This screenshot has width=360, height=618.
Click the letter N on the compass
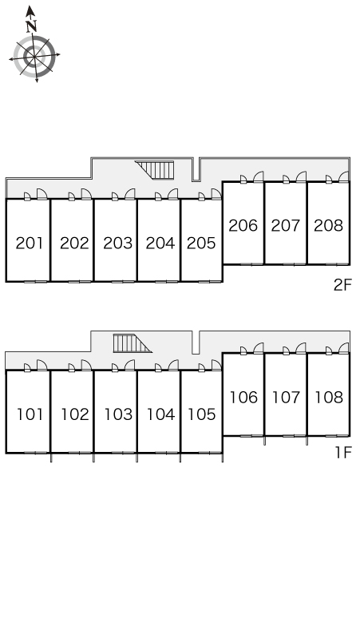pos(31,26)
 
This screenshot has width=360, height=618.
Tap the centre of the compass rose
pos(34,57)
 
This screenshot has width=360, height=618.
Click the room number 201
pos(30,244)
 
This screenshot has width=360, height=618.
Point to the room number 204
pos(160,244)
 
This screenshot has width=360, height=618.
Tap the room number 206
pos(243,225)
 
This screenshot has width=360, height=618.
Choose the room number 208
pos(329,225)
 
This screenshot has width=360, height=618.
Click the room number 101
pos(30,414)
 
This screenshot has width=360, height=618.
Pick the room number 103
pos(118,414)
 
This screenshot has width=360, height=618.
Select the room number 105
pos(202,414)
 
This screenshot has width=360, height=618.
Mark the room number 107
pos(286,398)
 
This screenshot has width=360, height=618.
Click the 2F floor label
pos(342,285)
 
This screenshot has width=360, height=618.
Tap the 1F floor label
pos(342,453)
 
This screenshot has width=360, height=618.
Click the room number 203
pos(118,244)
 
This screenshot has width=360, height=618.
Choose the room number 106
pos(243,398)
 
